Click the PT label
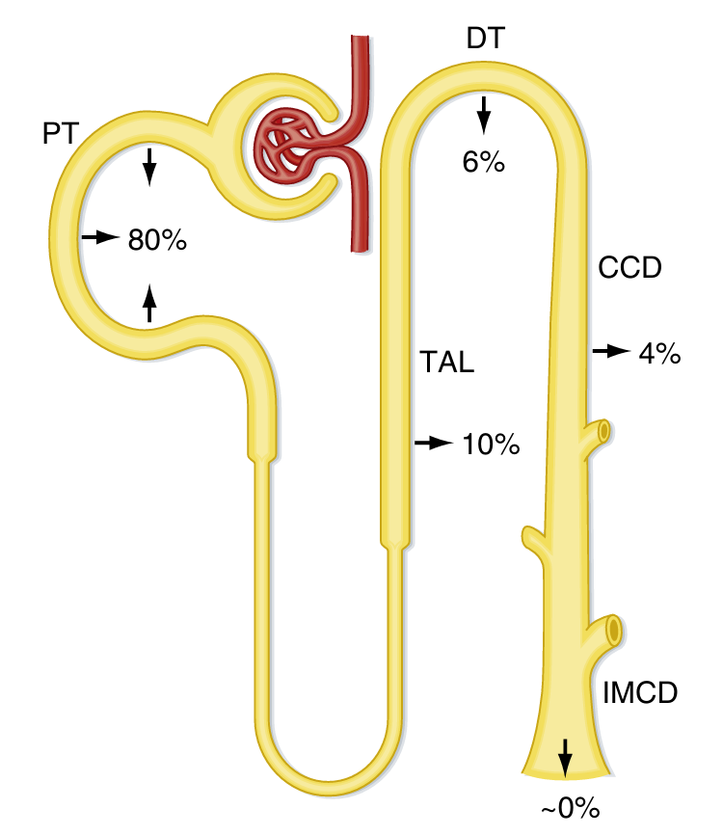(59, 133)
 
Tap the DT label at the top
(485, 39)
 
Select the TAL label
(447, 364)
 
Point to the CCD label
(629, 267)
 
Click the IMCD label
(640, 693)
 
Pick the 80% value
(157, 240)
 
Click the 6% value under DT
(484, 162)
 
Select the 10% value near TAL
(492, 445)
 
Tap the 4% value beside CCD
(660, 354)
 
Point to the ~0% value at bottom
(569, 809)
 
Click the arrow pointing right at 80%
(100, 236)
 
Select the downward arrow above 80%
(148, 167)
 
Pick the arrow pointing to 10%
(434, 443)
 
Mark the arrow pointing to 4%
(610, 352)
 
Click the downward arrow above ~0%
(565, 757)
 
